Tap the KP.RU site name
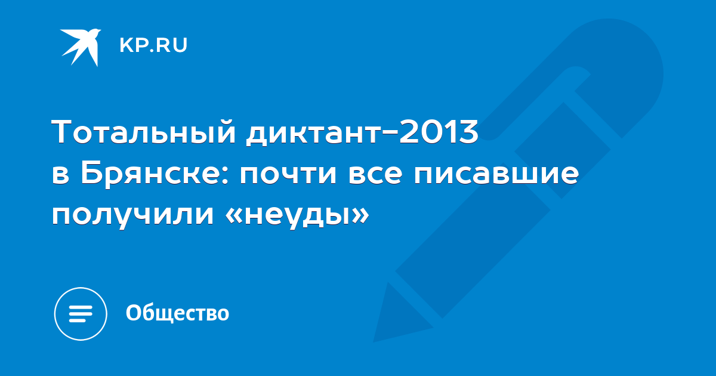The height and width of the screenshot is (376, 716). tap(153, 45)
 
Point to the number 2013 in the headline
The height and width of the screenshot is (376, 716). tap(439, 131)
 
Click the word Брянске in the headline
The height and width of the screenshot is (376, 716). tap(150, 175)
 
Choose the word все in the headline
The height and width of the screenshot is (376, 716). tap(375, 175)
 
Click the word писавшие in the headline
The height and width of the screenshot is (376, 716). tap(496, 175)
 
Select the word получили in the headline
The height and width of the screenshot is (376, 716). tap(132, 215)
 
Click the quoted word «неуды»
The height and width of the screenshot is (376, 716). tap(297, 215)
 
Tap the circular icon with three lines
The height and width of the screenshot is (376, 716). tap(81, 314)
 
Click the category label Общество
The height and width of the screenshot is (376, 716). tap(177, 313)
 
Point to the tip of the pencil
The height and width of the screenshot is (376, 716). tap(374, 342)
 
